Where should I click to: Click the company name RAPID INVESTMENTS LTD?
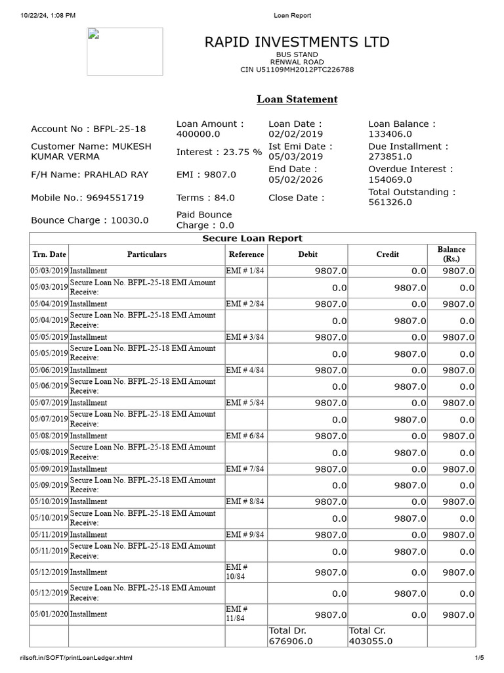(297, 42)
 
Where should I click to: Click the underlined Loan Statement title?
(297, 99)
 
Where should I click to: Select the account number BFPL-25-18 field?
(89, 129)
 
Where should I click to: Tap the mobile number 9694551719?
(87, 197)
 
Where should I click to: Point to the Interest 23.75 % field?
(219, 152)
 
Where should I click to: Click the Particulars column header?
(146, 254)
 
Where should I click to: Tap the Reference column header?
(246, 254)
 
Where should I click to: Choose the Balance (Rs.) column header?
(451, 254)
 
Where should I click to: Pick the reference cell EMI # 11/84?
(236, 614)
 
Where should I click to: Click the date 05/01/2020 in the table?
(49, 614)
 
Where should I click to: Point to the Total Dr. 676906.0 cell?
(291, 636)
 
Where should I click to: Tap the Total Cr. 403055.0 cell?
(371, 636)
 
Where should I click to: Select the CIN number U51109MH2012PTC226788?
(297, 70)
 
